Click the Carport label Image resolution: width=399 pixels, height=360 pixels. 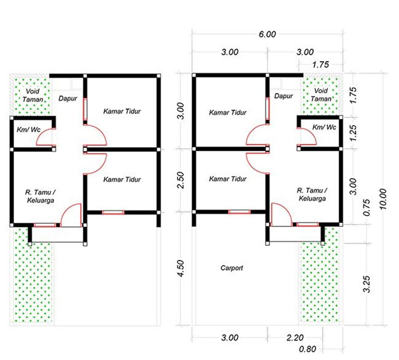coord(231,268)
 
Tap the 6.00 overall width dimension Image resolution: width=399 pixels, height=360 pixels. coord(267,34)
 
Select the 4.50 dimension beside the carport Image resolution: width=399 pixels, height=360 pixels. coord(180,268)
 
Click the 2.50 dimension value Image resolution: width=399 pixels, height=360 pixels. coord(180,180)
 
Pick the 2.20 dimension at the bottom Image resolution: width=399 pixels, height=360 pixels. coord(295,338)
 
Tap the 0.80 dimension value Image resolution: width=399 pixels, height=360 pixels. coord(307,349)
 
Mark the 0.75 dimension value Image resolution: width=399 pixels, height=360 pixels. coord(367,207)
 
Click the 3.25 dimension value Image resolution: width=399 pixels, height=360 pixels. coord(367,284)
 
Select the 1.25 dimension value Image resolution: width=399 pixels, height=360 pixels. coord(353,133)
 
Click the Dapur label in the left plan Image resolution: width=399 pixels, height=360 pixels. coord(68,98)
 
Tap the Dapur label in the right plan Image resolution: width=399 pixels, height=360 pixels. coord(284,96)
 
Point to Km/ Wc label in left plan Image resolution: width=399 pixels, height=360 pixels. coord(28,129)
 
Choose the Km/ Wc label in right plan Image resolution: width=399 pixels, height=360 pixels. coord(324,127)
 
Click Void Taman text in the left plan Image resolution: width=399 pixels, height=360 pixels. coord(33,95)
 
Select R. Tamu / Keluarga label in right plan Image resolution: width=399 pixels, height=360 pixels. coord(312,194)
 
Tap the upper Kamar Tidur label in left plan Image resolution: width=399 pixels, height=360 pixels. coord(122,111)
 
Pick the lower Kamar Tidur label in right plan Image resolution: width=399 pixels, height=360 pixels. coord(228,179)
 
